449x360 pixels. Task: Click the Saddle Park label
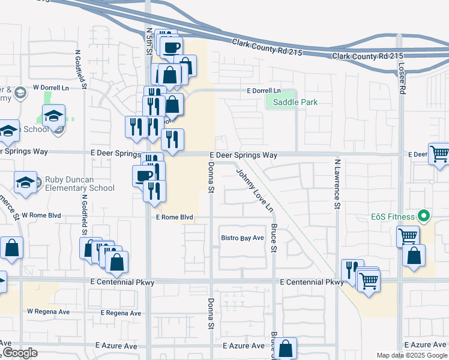(x=295, y=102)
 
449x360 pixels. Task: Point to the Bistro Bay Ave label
(x=243, y=238)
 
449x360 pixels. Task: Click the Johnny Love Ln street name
(x=255, y=191)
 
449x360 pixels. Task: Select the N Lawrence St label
(x=337, y=184)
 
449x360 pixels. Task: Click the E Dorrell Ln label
(x=264, y=91)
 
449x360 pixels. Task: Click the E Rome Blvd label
(x=174, y=217)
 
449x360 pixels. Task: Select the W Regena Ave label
(x=49, y=312)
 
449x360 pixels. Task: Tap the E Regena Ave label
(x=121, y=313)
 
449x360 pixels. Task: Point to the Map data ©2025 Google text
(x=411, y=355)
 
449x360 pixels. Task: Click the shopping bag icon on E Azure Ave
(x=287, y=348)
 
